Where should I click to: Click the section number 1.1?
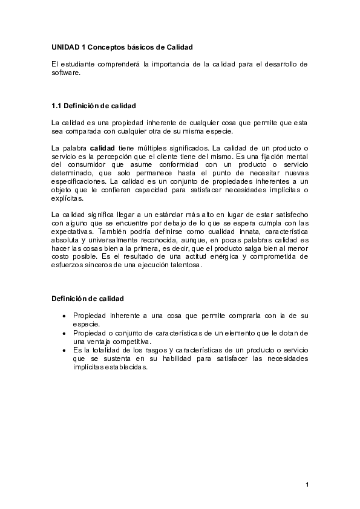57,106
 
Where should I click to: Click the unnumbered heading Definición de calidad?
88,298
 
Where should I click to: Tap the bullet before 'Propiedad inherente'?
64,316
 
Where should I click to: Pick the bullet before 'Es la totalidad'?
64,350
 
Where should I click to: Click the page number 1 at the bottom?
307,484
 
